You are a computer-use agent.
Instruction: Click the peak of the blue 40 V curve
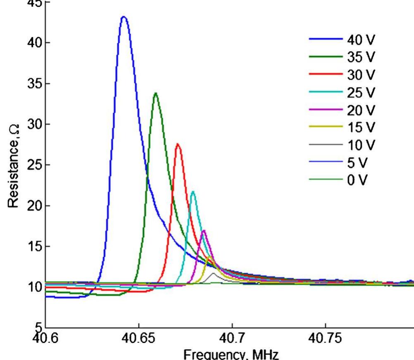[124, 17]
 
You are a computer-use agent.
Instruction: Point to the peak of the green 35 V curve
[155, 93]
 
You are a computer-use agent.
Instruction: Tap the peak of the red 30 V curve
[178, 144]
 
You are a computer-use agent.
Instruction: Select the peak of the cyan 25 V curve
[193, 192]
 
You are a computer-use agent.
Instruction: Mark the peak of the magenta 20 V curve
[203, 231]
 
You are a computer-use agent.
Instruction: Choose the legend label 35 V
[361, 57]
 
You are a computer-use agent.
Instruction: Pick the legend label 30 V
[361, 75]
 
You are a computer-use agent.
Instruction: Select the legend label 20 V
[361, 110]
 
